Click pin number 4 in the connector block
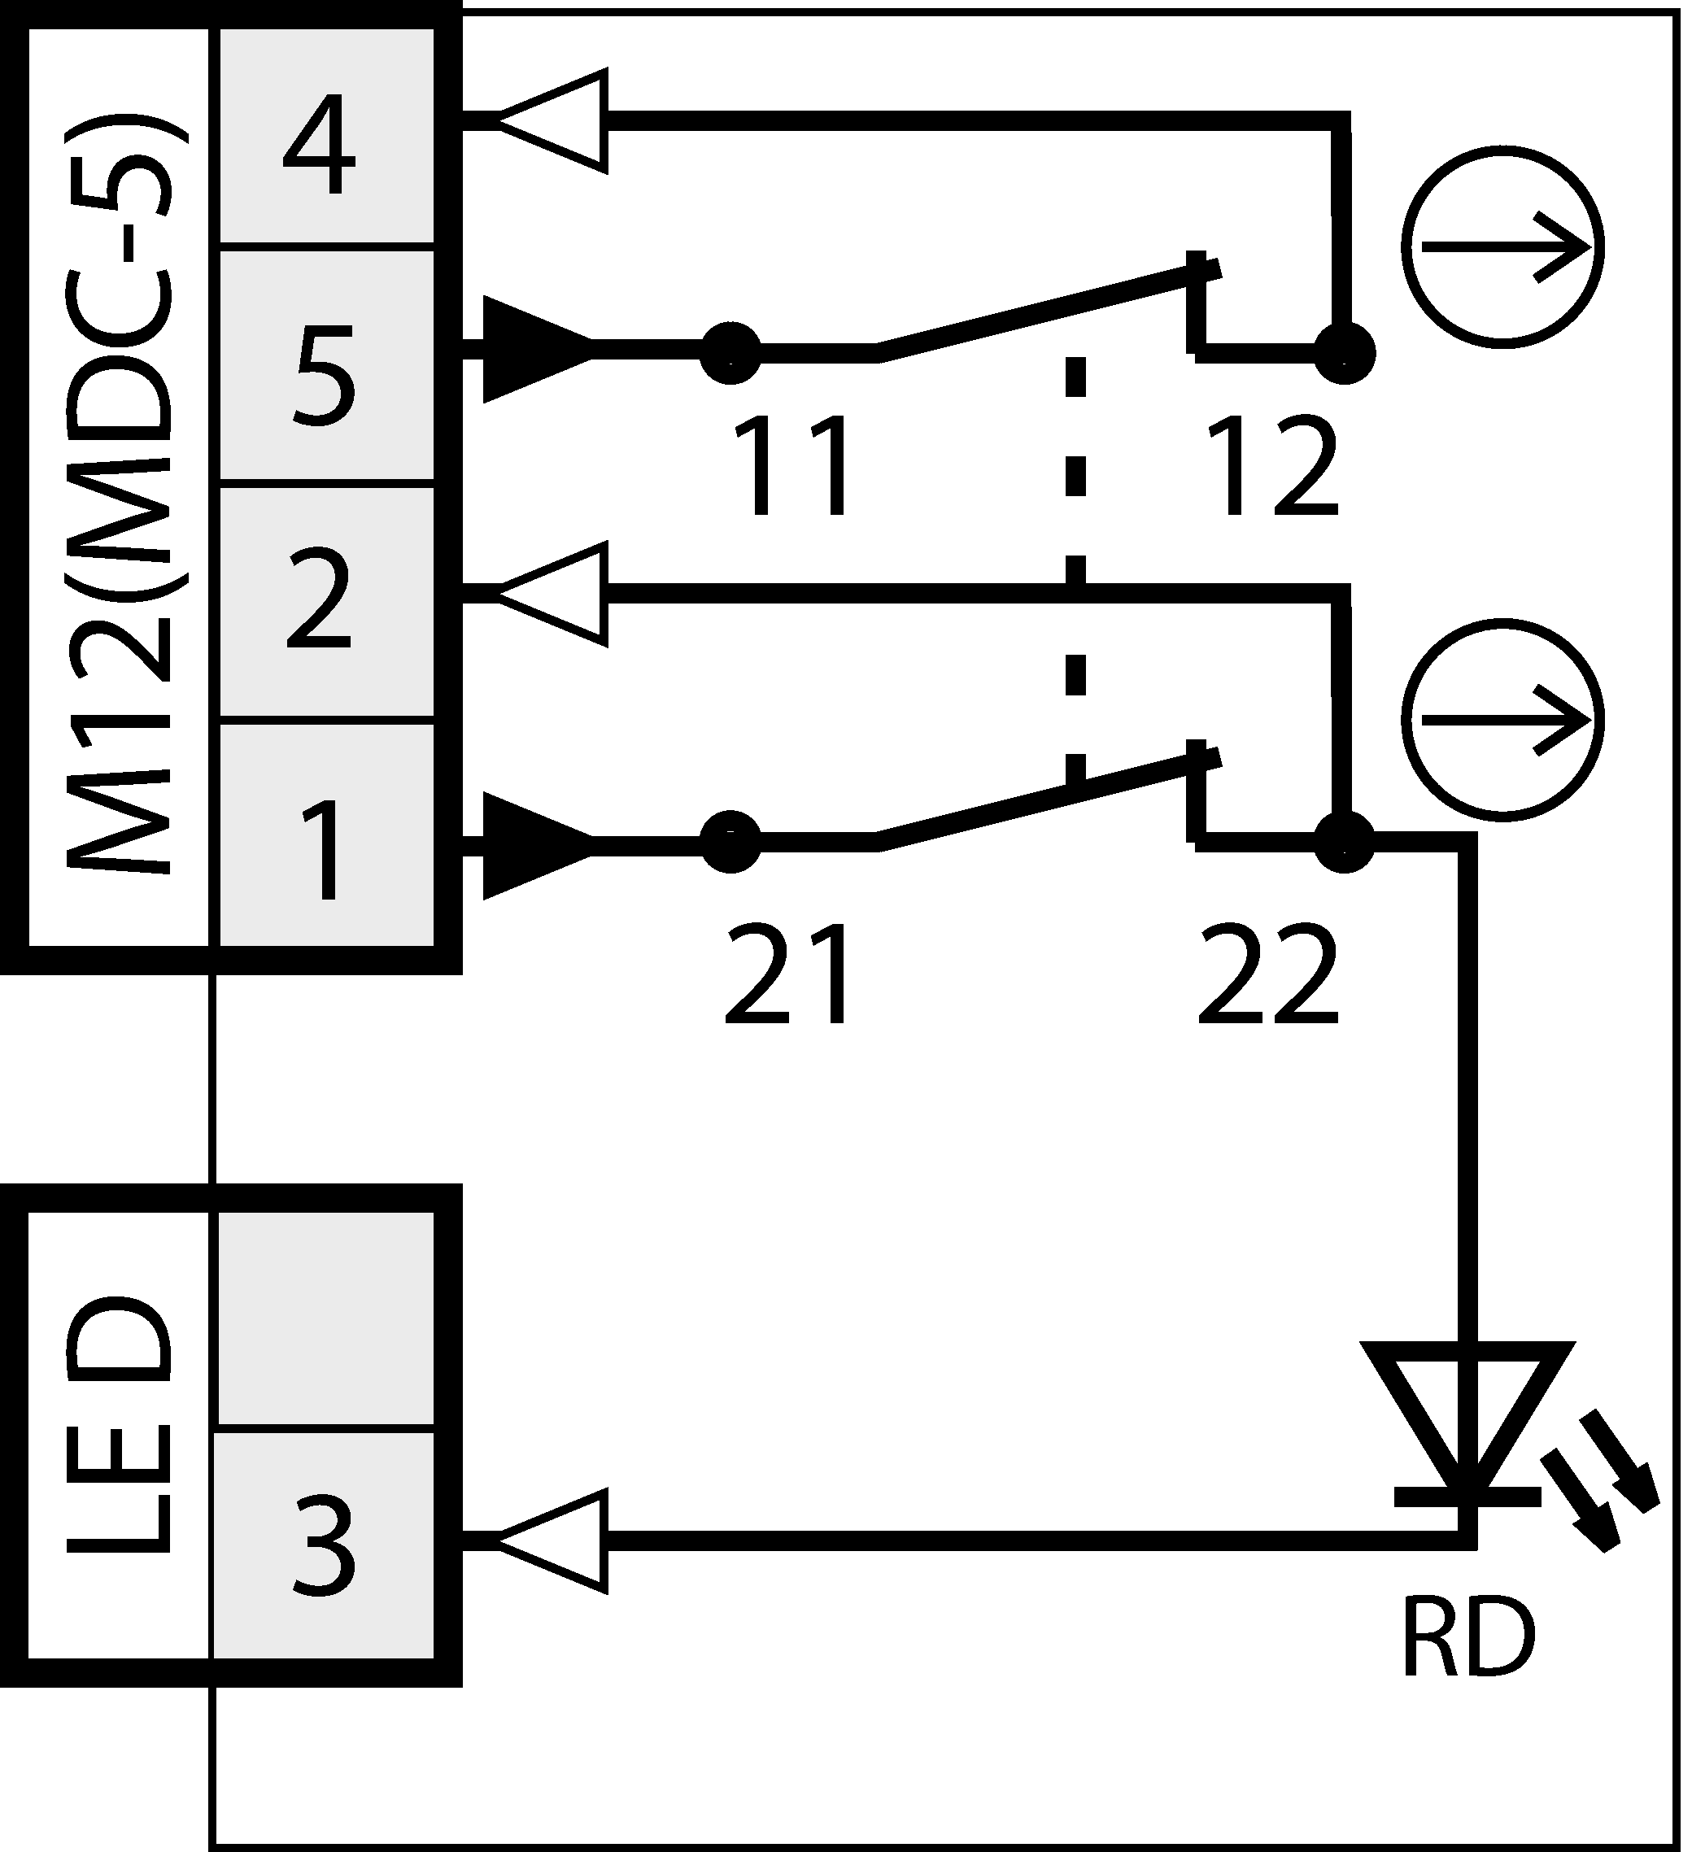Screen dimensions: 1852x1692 (320, 145)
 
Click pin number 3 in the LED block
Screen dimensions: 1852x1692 (323, 1545)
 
